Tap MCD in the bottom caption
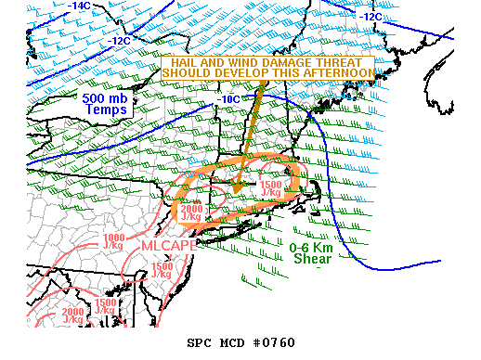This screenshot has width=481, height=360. pyautogui.click(x=236, y=341)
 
